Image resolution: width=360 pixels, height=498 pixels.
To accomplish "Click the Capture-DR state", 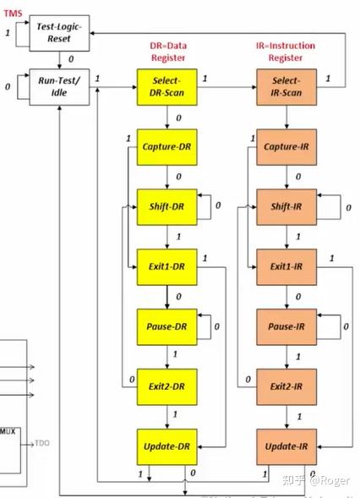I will click(x=166, y=147).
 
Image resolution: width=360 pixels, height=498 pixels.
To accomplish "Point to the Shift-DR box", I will click(x=166, y=206).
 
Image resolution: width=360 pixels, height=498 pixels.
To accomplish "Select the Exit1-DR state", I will click(x=166, y=265).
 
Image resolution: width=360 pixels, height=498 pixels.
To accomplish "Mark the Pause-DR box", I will click(x=166, y=326).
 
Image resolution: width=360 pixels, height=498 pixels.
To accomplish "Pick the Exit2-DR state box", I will click(x=166, y=386).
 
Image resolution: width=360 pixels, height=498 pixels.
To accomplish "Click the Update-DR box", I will click(x=166, y=446).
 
